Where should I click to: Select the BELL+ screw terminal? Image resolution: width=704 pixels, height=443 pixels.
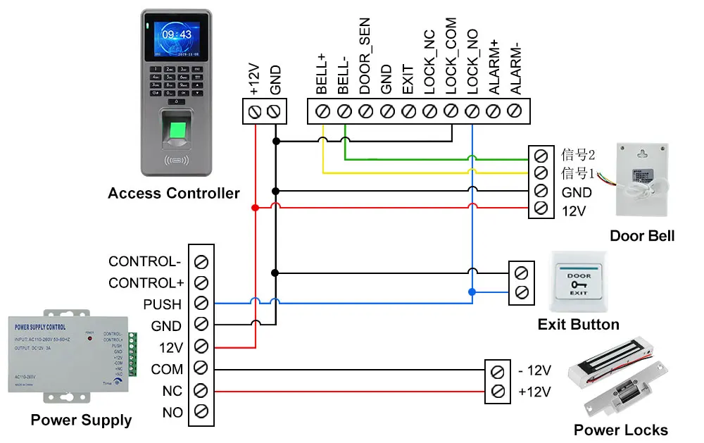coord(323,111)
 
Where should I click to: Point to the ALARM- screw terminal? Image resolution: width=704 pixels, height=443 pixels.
coord(515,111)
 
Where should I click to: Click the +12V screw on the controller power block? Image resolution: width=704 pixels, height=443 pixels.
coord(254,111)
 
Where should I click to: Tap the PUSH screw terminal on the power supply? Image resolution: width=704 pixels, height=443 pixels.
coord(201,304)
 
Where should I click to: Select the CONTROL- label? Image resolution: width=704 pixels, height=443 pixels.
coord(144,261)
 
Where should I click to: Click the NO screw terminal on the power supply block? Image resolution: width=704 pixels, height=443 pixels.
coord(201,412)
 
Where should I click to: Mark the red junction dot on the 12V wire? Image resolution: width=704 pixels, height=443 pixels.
coord(255,208)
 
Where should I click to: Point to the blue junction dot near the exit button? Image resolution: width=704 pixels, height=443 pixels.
coord(472,291)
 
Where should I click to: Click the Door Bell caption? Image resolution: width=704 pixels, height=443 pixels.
coord(641,236)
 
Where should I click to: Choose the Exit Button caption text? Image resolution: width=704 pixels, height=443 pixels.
coord(578,325)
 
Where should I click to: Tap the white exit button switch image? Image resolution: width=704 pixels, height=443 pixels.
coord(579,283)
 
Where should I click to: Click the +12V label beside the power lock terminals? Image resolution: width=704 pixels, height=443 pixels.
coord(534,392)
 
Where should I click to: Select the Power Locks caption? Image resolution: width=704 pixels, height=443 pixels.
coord(620,430)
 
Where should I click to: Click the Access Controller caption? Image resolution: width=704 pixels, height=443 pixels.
coord(174,193)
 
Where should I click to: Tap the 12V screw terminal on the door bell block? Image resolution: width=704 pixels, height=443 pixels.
coord(541,208)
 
